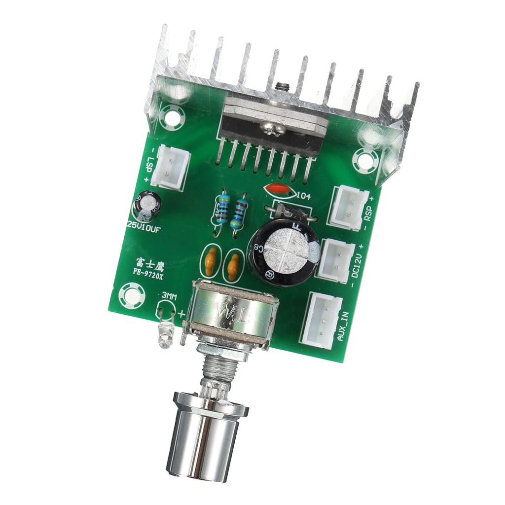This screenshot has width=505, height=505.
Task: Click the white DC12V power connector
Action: [x=337, y=259]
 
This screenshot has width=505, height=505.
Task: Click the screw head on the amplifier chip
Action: [x=271, y=129]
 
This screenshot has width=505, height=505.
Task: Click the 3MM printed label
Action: [x=169, y=296]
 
